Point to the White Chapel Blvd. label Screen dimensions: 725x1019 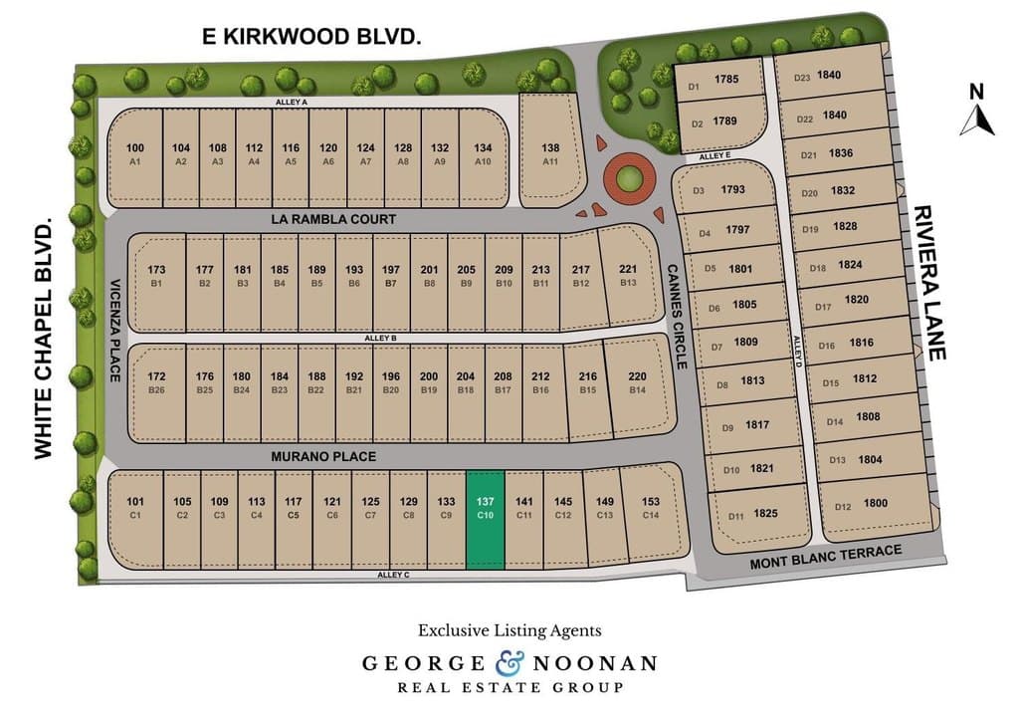tap(43, 340)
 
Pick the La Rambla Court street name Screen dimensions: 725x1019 tap(332, 219)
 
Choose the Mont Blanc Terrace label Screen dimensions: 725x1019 tap(826, 559)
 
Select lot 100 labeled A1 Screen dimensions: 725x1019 tap(135, 153)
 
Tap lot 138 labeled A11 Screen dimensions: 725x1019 tap(550, 153)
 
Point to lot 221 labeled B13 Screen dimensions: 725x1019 tap(628, 275)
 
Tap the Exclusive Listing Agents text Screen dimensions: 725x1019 tap(509, 630)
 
